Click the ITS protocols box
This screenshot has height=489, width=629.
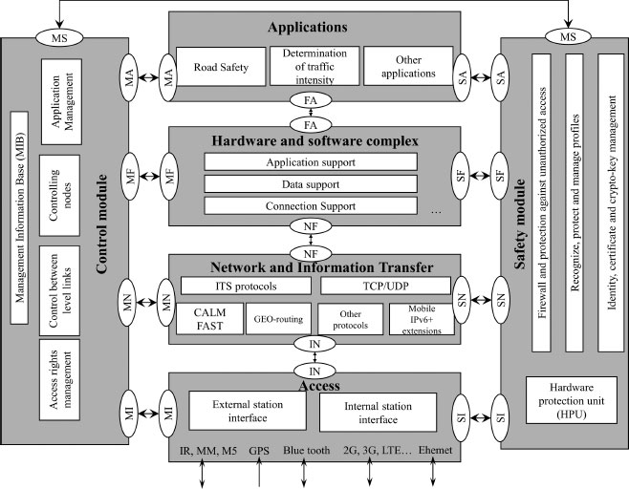pyautogui.click(x=244, y=286)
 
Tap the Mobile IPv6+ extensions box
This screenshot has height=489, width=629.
pyautogui.click(x=415, y=318)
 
